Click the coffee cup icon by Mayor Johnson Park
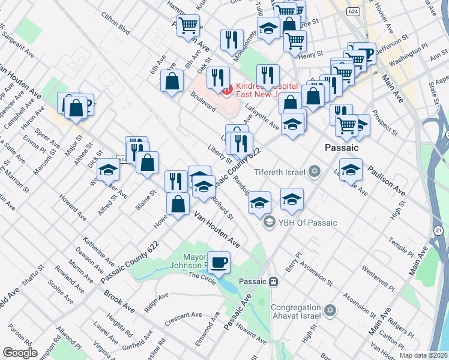click(x=219, y=261)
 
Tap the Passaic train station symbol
click(x=273, y=281)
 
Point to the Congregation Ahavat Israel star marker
click(x=328, y=310)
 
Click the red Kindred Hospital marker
click(x=227, y=90)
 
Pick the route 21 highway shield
click(x=439, y=230)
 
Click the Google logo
click(x=20, y=352)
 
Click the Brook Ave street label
click(x=119, y=301)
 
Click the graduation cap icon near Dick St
click(x=109, y=170)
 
